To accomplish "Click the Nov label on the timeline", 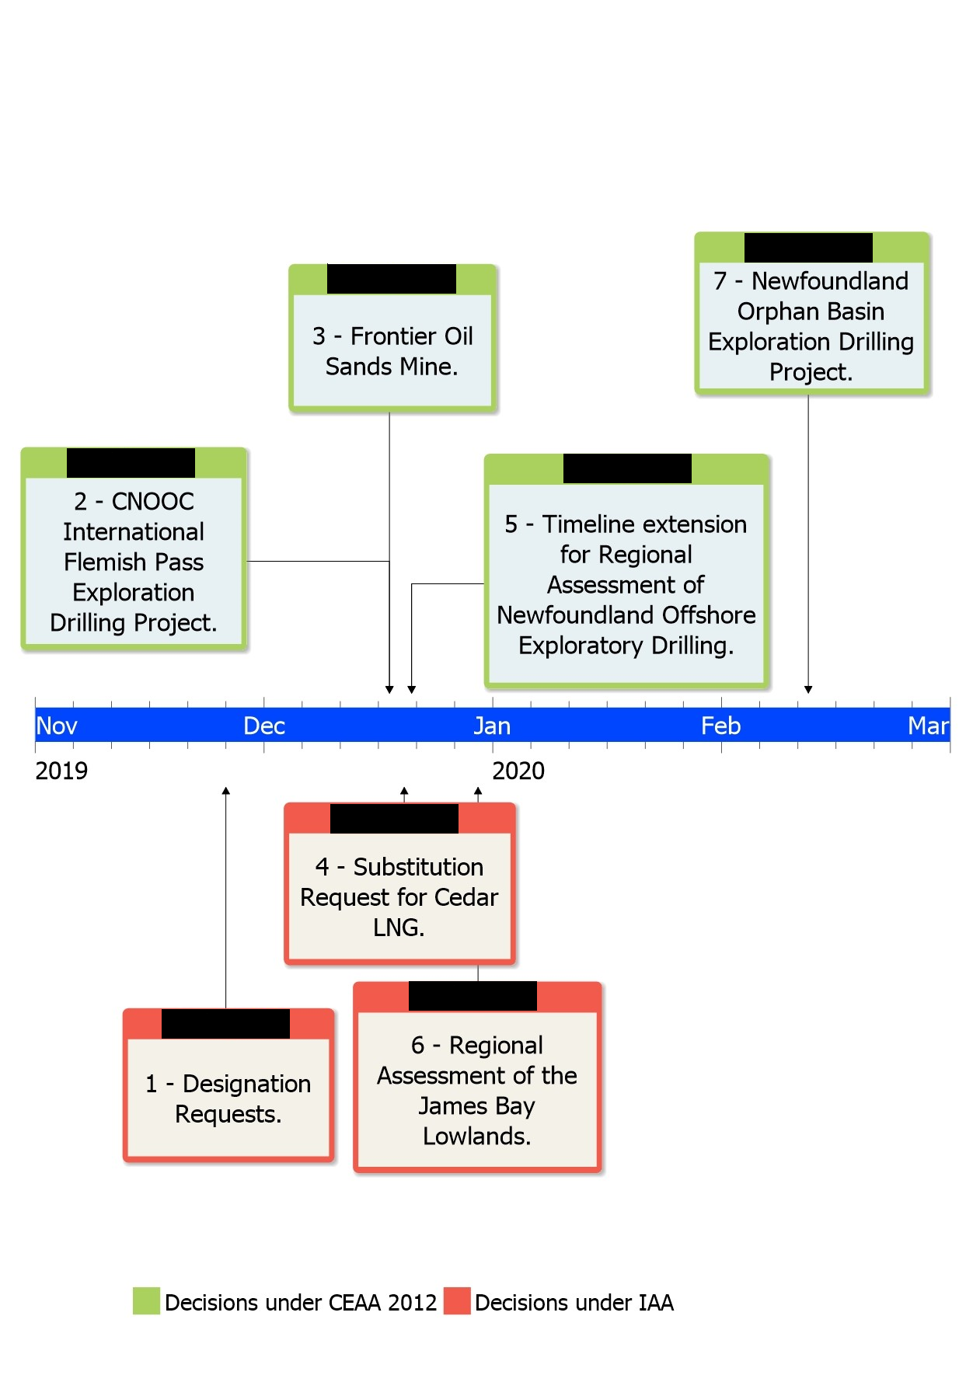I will pos(57,726).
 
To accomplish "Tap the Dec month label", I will pos(264,726).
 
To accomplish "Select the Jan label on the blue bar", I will pos(492,726).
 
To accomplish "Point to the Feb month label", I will pos(720,726).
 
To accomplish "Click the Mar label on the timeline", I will pos(928,726).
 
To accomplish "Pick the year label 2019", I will pos(61,771).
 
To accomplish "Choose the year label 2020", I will pos(518,771).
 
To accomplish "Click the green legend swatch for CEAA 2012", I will pos(146,1301).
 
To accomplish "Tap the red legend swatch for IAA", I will pos(457,1301).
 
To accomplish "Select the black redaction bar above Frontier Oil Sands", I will pos(391,279).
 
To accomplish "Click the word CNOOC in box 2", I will pos(152,502).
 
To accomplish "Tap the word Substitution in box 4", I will pos(418,867).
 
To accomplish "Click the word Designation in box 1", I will pos(246,1084).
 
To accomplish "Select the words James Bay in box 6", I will pos(476,1105).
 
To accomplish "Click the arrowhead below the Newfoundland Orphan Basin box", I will pos(808,689).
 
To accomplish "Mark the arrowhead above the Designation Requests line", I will pos(226,791).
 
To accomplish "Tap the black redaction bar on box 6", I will pos(473,996).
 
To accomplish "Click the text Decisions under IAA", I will pos(574,1303).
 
